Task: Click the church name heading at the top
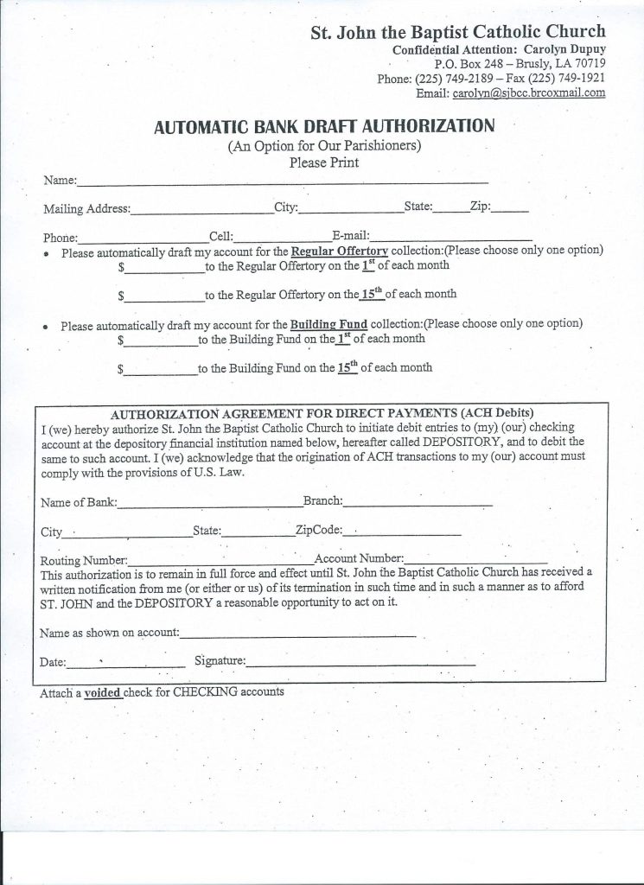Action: [458, 33]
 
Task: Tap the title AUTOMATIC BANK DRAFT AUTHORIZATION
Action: [324, 126]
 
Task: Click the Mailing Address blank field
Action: [201, 209]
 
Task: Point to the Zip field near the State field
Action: [510, 209]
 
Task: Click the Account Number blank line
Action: [475, 560]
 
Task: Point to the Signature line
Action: [360, 664]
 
